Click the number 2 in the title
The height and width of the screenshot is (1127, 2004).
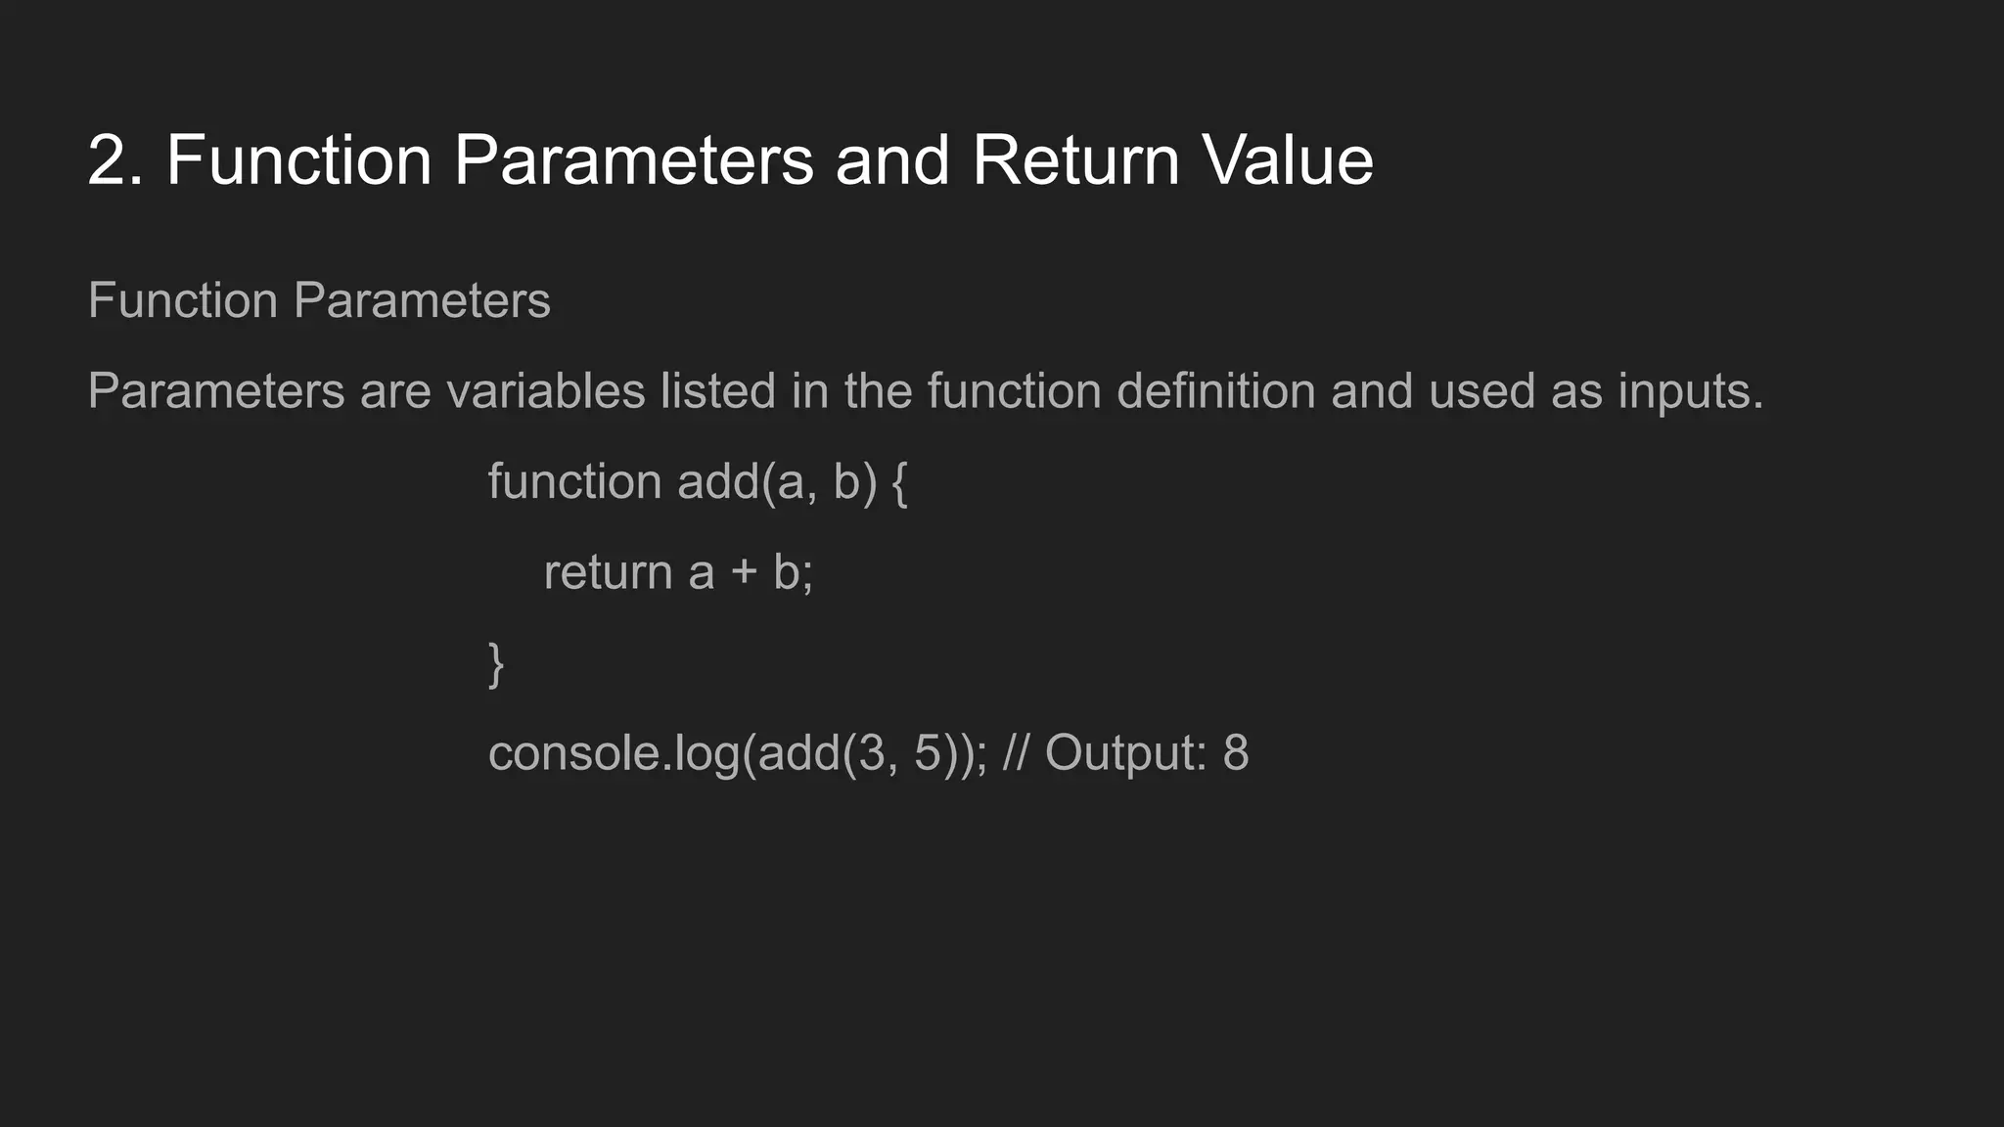click(x=108, y=161)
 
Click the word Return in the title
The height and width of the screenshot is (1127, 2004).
click(x=1075, y=161)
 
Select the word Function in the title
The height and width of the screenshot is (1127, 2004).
click(x=298, y=161)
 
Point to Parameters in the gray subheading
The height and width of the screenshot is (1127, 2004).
click(x=422, y=300)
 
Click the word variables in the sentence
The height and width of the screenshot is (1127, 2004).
click(x=545, y=391)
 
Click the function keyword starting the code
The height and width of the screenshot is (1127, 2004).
click(x=574, y=482)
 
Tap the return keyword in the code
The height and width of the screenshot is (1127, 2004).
click(x=608, y=573)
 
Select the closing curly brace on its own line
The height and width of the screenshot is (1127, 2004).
click(x=496, y=664)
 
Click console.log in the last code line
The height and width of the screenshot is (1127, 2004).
click(x=614, y=754)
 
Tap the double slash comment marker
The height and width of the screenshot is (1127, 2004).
click(x=1016, y=753)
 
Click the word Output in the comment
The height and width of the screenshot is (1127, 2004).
click(x=1125, y=754)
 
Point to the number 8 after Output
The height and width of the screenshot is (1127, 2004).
click(x=1236, y=753)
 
